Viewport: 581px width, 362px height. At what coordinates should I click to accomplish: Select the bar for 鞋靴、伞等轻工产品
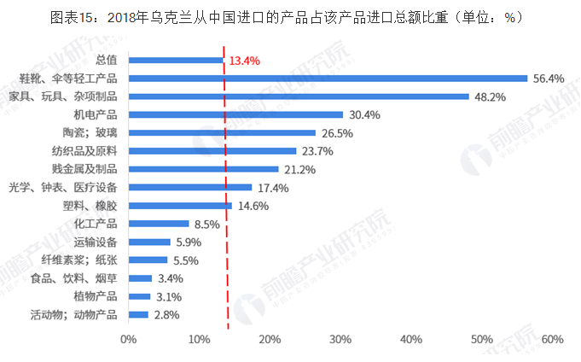pos(328,78)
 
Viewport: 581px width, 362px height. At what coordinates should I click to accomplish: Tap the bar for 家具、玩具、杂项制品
pos(299,96)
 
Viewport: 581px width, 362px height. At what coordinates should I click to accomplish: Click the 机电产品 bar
pos(235,114)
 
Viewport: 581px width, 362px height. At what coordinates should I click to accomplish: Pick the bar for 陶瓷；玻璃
pos(222,132)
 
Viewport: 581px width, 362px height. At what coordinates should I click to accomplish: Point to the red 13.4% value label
pos(245,61)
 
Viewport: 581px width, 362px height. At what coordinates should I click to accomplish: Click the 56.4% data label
pos(549,79)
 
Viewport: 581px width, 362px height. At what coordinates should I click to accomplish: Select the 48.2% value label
pos(490,96)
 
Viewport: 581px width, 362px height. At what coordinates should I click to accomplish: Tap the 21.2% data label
pos(299,169)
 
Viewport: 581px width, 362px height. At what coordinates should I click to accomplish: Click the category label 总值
pos(107,60)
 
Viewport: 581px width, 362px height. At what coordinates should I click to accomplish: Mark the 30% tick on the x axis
pos(340,340)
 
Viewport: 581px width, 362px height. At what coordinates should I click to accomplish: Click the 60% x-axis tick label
pos(552,340)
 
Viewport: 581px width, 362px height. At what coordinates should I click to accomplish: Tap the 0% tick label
pos(129,340)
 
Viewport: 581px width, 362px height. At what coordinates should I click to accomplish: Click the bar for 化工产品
pos(159,224)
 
